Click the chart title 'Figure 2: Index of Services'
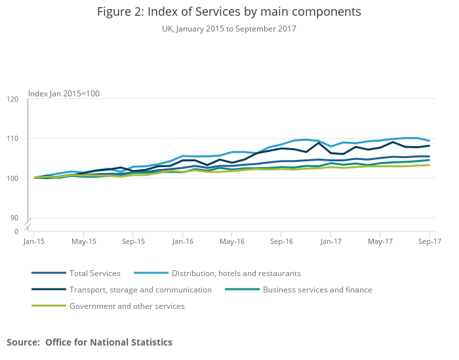(x=229, y=12)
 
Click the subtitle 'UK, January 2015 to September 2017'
(x=229, y=29)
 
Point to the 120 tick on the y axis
(x=12, y=100)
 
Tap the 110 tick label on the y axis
(x=12, y=139)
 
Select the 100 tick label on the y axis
(x=12, y=178)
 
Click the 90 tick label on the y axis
(x=14, y=218)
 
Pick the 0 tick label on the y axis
(x=16, y=231)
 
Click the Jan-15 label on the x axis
(x=34, y=241)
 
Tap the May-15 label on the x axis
(x=83, y=241)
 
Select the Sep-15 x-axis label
(x=133, y=241)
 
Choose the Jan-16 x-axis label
(x=182, y=241)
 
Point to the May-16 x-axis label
(x=231, y=241)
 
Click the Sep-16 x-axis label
(x=281, y=241)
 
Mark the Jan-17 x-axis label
(x=330, y=241)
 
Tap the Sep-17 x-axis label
(x=429, y=241)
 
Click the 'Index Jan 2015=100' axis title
(x=64, y=94)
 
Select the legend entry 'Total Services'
(x=95, y=273)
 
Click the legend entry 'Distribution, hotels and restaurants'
(x=236, y=273)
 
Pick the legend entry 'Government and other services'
(x=127, y=306)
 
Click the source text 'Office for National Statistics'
(x=109, y=342)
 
